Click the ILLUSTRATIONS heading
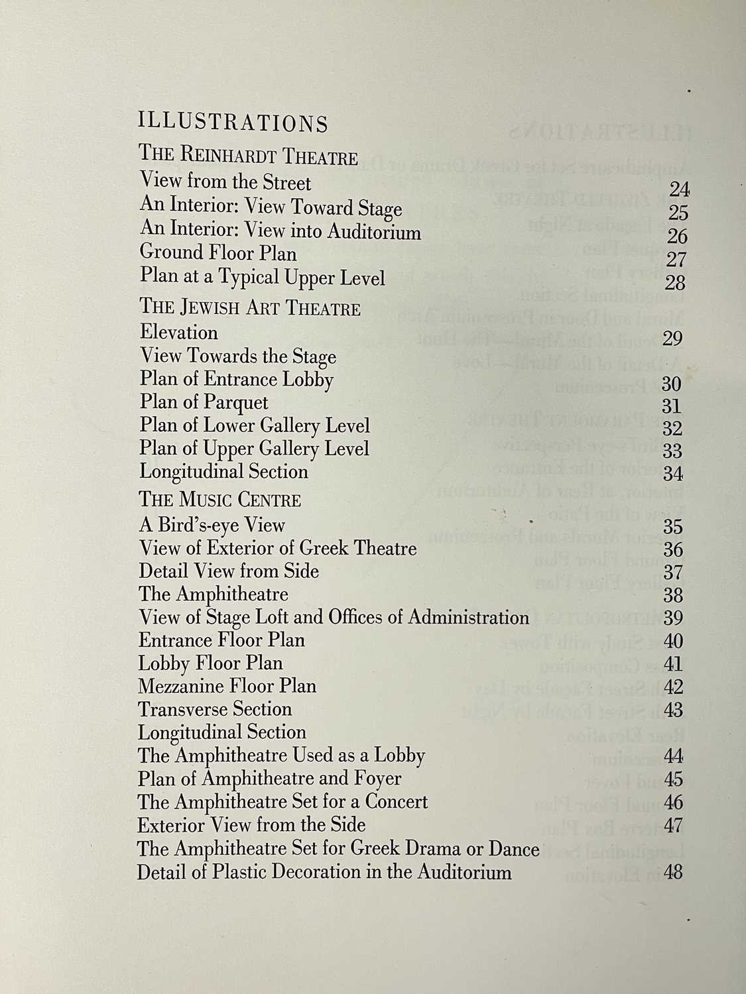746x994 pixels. point(233,123)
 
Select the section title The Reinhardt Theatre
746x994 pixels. point(249,156)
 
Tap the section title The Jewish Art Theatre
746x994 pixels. point(250,308)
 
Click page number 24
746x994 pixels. point(679,190)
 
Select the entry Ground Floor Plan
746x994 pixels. point(218,253)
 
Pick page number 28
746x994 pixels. point(674,283)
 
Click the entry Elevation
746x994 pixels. point(178,332)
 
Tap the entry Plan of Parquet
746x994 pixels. point(204,402)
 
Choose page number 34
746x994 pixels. point(672,474)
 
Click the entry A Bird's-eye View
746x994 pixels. point(212,525)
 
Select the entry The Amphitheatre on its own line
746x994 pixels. point(213,594)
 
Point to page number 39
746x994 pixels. point(672,618)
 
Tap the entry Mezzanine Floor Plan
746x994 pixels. point(227,686)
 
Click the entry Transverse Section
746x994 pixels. point(215,709)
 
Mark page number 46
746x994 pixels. point(673,802)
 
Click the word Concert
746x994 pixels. point(397,802)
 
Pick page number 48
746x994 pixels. point(672,871)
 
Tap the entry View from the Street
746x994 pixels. point(225,182)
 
